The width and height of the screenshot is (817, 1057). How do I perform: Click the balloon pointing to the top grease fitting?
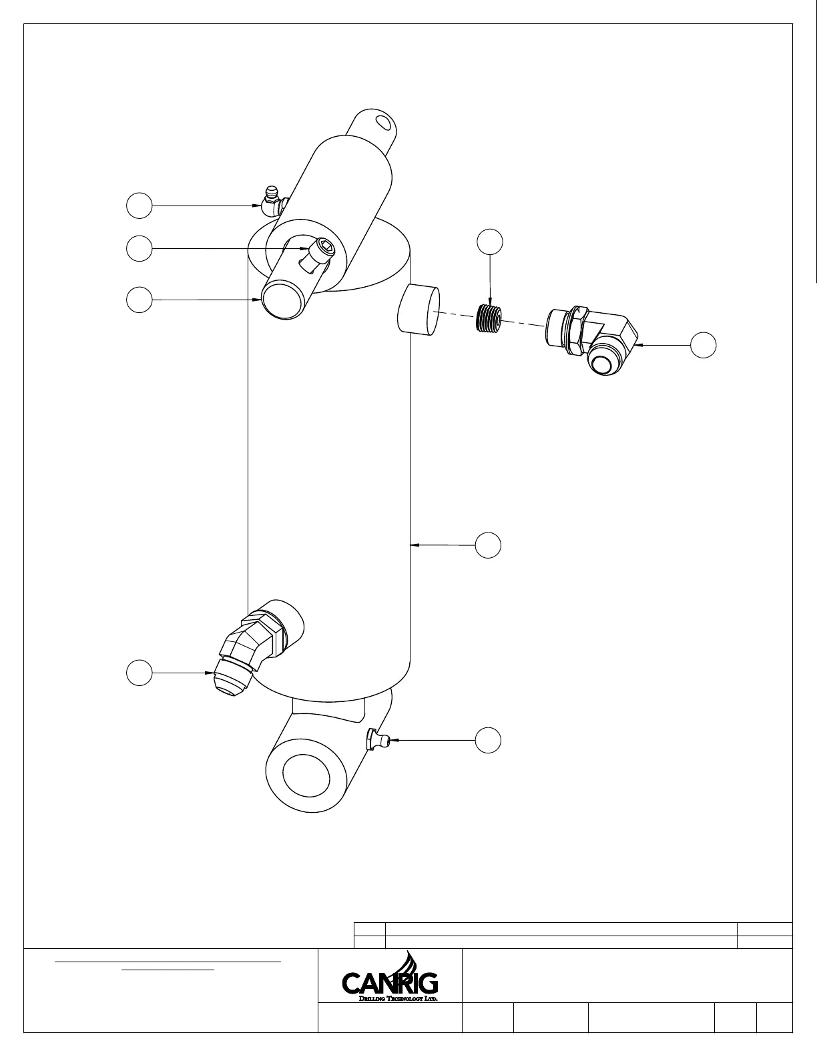pos(139,206)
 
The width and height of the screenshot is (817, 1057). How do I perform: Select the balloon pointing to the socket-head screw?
pos(139,249)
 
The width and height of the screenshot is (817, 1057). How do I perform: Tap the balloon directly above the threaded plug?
pos(491,242)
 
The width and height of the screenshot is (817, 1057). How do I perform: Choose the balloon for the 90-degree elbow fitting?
pos(703,345)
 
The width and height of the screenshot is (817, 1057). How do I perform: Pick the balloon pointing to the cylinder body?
pos(489,545)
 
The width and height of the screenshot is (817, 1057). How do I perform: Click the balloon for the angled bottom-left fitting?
pos(139,673)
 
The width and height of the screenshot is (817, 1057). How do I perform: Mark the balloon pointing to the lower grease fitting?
pos(489,741)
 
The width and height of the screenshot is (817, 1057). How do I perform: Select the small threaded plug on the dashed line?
pos(491,318)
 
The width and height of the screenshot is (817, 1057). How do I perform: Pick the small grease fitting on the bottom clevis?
pos(376,740)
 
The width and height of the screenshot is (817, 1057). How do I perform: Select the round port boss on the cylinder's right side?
pos(419,310)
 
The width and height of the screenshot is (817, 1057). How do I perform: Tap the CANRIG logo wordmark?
pos(390,983)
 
